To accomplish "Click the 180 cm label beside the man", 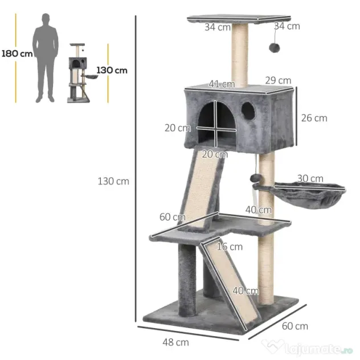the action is click(17, 54).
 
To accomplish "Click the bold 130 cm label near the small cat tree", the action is click(112, 70).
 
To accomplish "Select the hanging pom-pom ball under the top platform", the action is click(275, 48).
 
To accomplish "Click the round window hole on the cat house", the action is click(248, 111).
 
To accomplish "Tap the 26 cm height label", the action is click(314, 118).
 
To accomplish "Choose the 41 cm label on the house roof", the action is click(222, 84).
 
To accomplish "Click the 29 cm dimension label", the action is click(279, 80).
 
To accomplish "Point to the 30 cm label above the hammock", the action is click(310, 178).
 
